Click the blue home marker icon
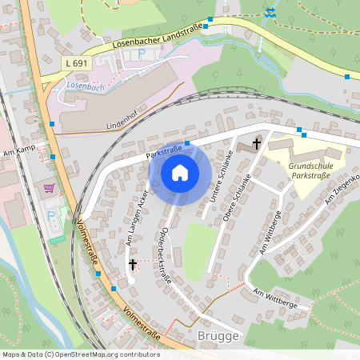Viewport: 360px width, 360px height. pos(179,173)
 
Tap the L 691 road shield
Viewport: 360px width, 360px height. pos(76,62)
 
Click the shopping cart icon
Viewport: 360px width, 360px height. pos(50,189)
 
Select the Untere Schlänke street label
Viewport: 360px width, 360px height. pos(218,174)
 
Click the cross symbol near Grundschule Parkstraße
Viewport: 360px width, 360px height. pos(257,144)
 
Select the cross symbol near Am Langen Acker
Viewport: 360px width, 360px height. pos(132,264)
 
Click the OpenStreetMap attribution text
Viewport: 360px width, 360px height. pos(80,354)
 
